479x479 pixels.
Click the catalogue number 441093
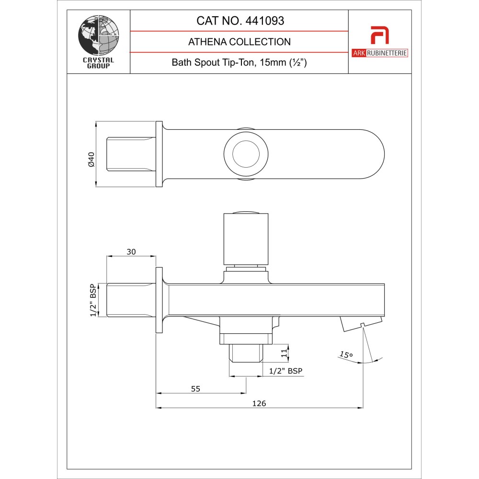pos(264,21)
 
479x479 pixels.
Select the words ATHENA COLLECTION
pos(239,42)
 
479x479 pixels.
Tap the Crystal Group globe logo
pos(98,35)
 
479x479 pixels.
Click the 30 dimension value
pos(132,251)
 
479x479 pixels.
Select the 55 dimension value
pos(195,388)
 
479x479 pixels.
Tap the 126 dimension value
pos(259,403)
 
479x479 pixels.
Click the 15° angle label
pos(346,355)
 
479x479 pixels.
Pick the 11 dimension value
pos(284,354)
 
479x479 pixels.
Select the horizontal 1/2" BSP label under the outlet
pos(286,371)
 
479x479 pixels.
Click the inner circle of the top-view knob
pos(246,154)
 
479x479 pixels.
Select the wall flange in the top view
pos(159,154)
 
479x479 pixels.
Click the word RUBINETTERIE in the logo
pos(387,53)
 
